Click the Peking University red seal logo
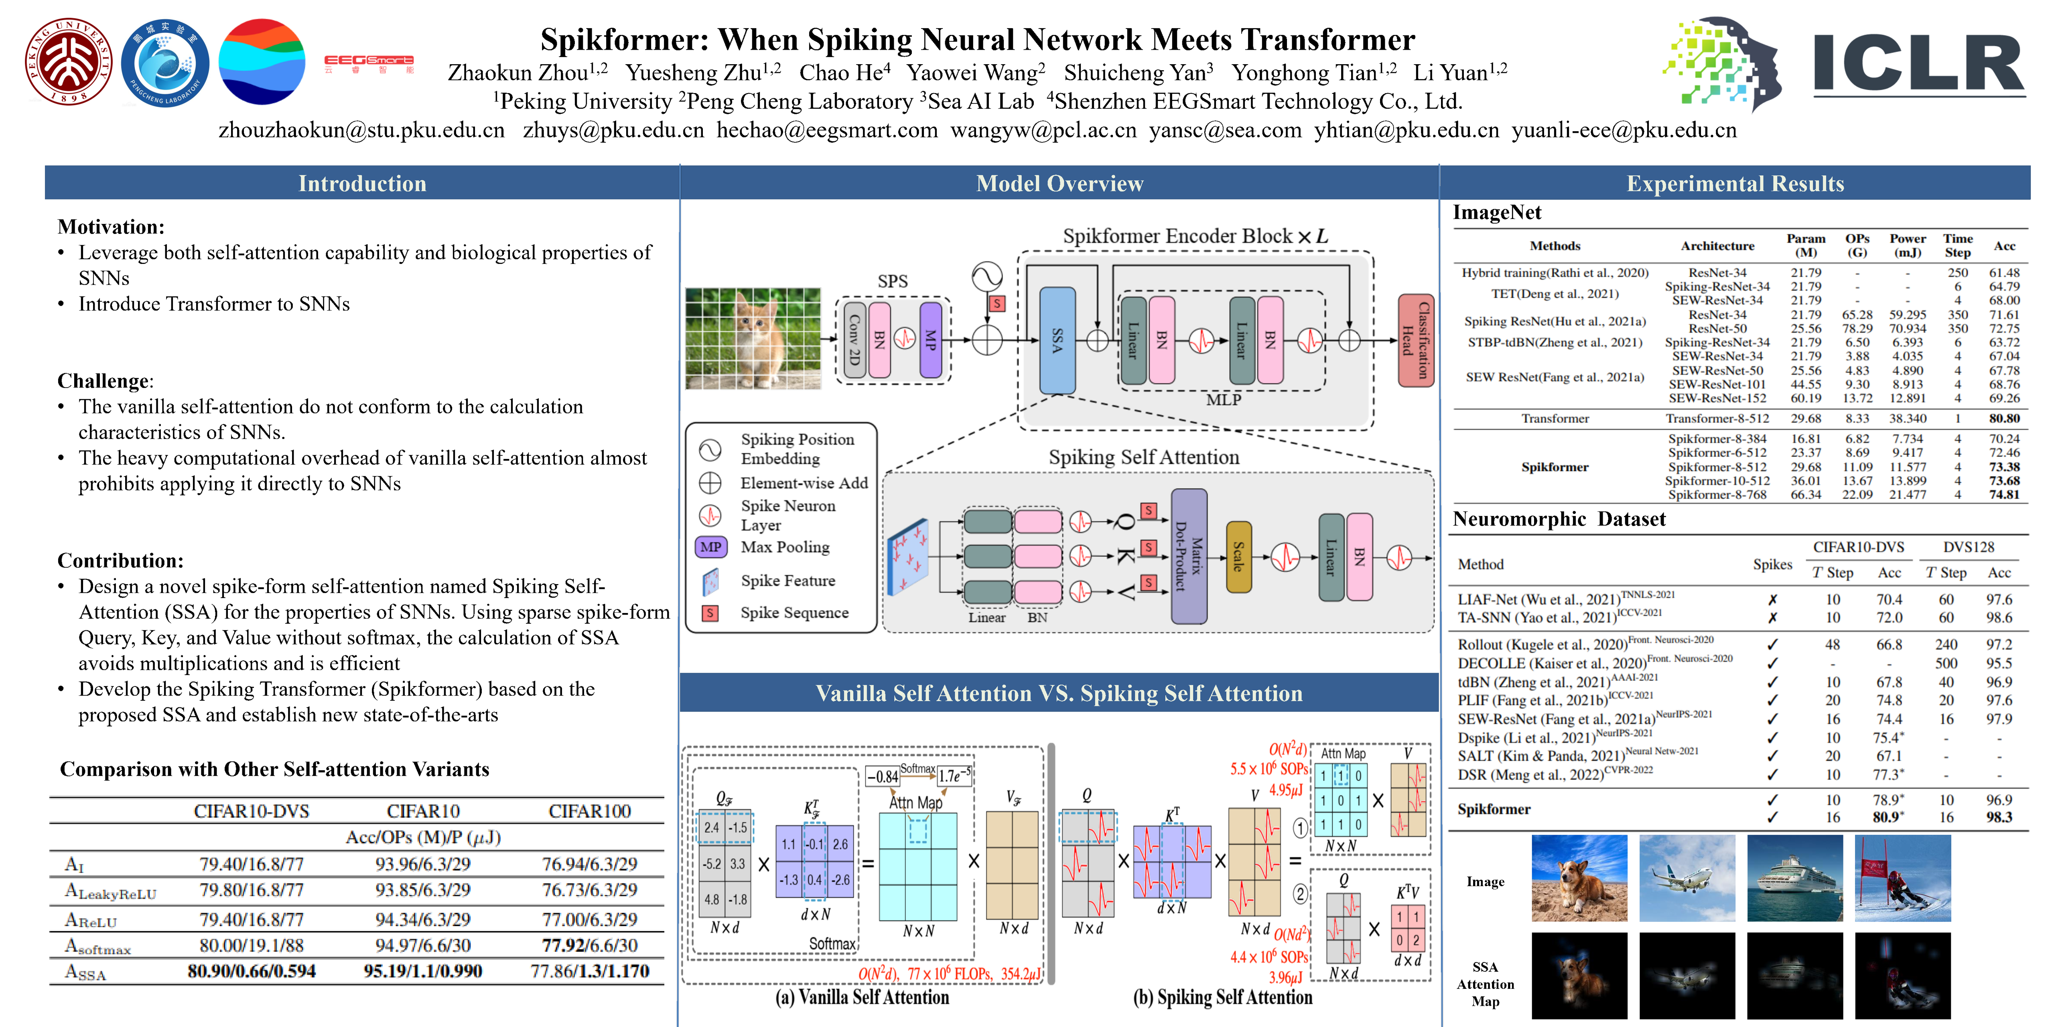pyautogui.click(x=68, y=62)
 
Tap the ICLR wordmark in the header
pyautogui.click(x=1918, y=64)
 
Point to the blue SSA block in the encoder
pyautogui.click(x=1057, y=341)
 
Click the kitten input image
pyautogui.click(x=753, y=338)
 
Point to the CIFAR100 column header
pyautogui.click(x=589, y=811)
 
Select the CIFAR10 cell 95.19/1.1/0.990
pyautogui.click(x=422, y=971)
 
